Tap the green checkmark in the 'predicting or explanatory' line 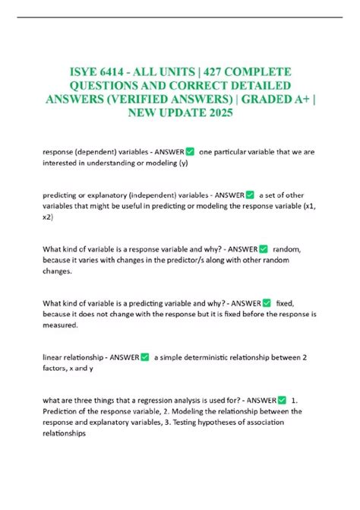(250, 195)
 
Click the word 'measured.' (62, 326)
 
